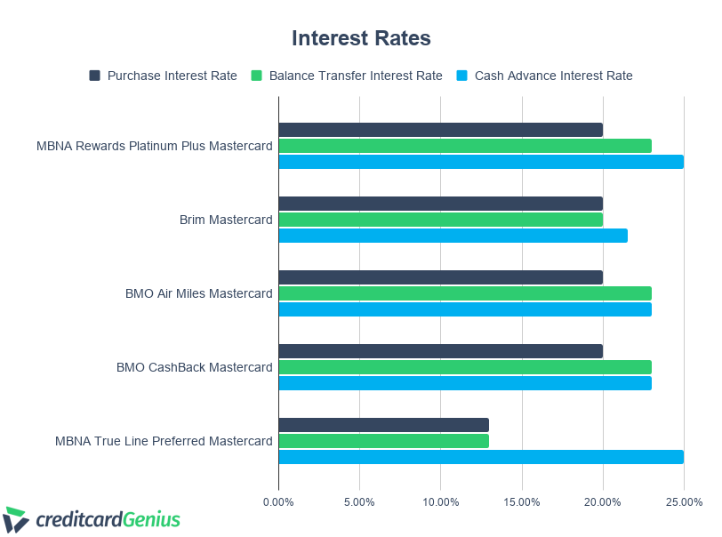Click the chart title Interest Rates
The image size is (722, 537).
pyautogui.click(x=361, y=38)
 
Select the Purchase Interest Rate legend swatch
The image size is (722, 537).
pyautogui.click(x=95, y=76)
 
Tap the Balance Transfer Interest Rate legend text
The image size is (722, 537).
pyautogui.click(x=356, y=76)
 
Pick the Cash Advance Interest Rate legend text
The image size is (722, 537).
pyautogui.click(x=553, y=76)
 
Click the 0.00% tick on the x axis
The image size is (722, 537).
pyautogui.click(x=278, y=502)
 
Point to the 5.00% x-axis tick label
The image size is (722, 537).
pyautogui.click(x=359, y=502)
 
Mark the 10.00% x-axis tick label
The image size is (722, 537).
pyautogui.click(x=440, y=502)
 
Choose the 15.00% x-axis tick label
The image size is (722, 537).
pyautogui.click(x=522, y=502)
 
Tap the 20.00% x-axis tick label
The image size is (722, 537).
pyautogui.click(x=603, y=502)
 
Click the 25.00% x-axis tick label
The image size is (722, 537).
pyautogui.click(x=684, y=502)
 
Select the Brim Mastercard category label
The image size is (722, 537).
pyautogui.click(x=226, y=220)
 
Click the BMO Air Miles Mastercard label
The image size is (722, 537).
pyautogui.click(x=199, y=293)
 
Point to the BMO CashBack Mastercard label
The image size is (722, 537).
pyautogui.click(x=195, y=367)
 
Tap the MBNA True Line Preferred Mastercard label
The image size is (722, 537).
pyautogui.click(x=164, y=441)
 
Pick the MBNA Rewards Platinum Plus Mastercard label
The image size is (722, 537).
pyautogui.click(x=155, y=146)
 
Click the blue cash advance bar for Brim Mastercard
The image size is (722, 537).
pyautogui.click(x=453, y=236)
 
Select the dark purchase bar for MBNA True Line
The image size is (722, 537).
pyautogui.click(x=383, y=425)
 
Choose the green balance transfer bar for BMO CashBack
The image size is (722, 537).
pyautogui.click(x=465, y=367)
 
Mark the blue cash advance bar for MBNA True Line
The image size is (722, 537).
pyautogui.click(x=481, y=457)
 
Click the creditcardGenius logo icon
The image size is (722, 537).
pyautogui.click(x=16, y=519)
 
